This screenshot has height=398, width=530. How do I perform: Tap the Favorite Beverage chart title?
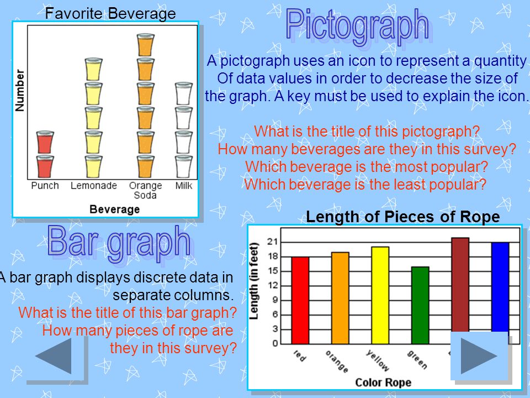tap(110, 13)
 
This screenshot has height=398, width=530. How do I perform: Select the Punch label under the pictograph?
tap(45, 186)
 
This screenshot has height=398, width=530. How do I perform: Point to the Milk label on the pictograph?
tap(184, 186)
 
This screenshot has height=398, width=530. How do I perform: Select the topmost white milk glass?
tap(183, 93)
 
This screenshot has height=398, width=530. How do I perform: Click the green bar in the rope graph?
tap(420, 305)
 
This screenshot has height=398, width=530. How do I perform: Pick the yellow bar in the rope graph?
tap(380, 295)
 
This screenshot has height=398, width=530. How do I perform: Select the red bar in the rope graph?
tap(300, 300)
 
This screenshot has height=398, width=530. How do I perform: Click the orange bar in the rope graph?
tap(340, 298)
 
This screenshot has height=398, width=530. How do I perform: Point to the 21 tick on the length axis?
tap(272, 242)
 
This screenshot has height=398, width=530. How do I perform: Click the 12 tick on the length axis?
tap(272, 285)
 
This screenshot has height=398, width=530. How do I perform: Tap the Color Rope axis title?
tap(383, 383)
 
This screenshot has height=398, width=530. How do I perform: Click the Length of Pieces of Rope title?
tap(402, 217)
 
